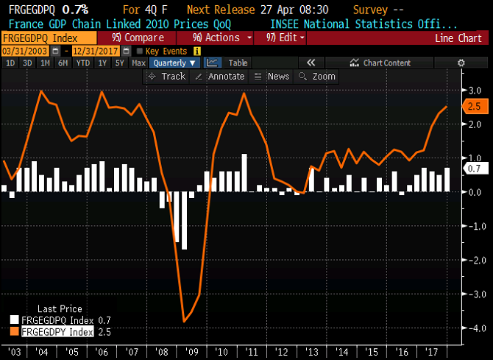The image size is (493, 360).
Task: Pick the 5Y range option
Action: click(120, 63)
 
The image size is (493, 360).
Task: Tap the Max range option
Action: click(138, 63)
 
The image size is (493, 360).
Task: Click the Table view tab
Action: click(238, 63)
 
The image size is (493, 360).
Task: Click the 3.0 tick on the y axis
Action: click(475, 91)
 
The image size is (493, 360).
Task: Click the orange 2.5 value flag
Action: click(475, 107)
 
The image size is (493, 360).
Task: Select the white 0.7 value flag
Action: click(475, 169)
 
